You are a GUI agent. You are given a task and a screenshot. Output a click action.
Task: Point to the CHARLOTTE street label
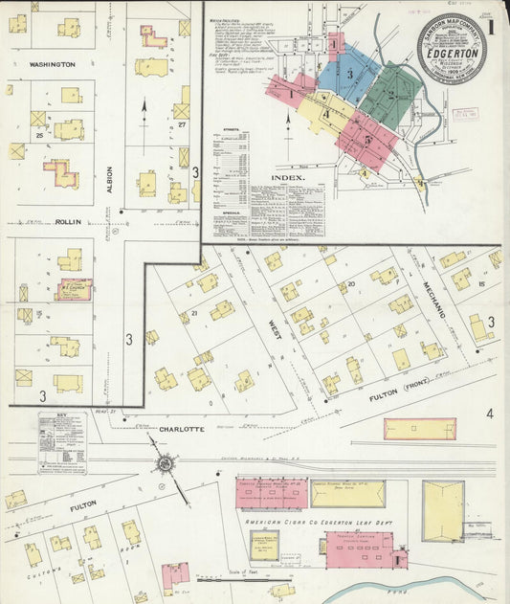pyautogui.click(x=182, y=430)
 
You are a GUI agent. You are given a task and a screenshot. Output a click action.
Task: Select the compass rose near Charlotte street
pyautogui.click(x=166, y=464)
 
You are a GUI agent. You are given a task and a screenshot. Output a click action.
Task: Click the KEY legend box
pyautogui.click(x=61, y=443)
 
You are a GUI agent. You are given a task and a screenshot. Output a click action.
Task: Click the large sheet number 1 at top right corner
pyautogui.click(x=490, y=27)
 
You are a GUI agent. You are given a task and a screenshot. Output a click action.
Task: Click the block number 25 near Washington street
pyautogui.click(x=40, y=134)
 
